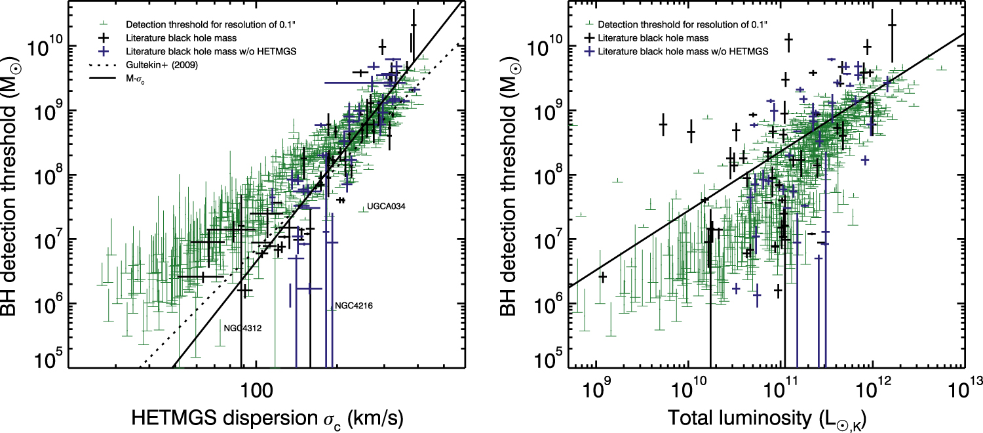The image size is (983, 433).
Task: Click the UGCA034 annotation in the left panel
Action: click(x=386, y=207)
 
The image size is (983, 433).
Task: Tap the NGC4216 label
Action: click(x=354, y=306)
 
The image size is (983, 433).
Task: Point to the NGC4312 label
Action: click(x=242, y=329)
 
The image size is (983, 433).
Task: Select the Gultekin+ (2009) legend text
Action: click(x=162, y=65)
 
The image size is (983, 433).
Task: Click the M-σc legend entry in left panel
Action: click(x=135, y=79)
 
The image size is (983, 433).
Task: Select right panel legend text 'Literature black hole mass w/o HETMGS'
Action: click(x=683, y=51)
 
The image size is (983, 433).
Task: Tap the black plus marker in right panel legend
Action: click(x=590, y=38)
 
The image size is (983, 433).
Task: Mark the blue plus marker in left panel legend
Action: click(x=104, y=51)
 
